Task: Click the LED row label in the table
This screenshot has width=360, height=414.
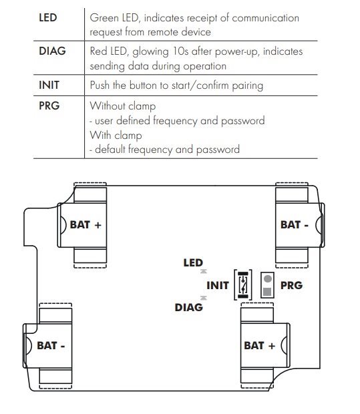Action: click(x=48, y=17)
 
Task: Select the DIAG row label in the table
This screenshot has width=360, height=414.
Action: click(x=52, y=51)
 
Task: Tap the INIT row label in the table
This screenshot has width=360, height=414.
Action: click(x=49, y=85)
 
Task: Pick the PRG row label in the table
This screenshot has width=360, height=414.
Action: click(x=49, y=106)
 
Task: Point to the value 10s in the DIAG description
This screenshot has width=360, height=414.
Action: click(x=180, y=51)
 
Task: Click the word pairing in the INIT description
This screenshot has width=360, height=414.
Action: click(x=248, y=86)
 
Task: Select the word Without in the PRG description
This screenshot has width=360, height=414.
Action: click(x=108, y=106)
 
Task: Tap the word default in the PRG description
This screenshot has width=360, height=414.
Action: click(x=110, y=149)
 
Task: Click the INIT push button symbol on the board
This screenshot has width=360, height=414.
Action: click(x=243, y=285)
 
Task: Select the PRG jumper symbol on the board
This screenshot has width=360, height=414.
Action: click(x=267, y=285)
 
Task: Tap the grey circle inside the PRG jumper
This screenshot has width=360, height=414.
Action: click(x=268, y=279)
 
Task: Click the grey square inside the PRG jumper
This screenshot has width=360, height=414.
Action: click(x=267, y=292)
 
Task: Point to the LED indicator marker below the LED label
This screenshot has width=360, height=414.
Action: click(x=203, y=271)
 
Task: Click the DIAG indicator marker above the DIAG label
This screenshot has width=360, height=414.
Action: click(x=203, y=298)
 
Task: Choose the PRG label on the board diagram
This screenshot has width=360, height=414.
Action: click(x=291, y=285)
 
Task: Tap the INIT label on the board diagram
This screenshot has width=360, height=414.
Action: click(x=218, y=285)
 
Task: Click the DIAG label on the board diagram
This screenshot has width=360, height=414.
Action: click(x=189, y=307)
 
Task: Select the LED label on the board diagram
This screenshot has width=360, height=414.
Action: click(x=193, y=262)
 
